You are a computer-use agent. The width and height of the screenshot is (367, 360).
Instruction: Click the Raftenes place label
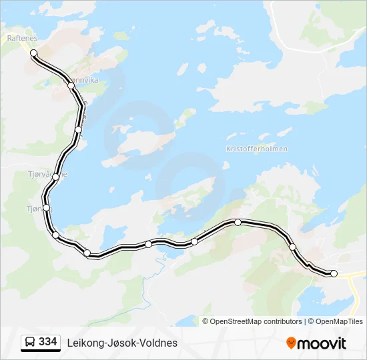pyautogui.click(x=21, y=39)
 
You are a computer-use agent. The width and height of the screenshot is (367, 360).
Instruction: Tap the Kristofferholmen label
pyautogui.click(x=257, y=149)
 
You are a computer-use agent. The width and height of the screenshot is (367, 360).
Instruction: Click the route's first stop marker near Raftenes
pyautogui.click(x=33, y=53)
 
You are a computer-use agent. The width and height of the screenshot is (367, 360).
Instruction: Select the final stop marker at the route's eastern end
pyautogui.click(x=334, y=273)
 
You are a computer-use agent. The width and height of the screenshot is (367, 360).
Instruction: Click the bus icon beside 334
pyautogui.click(x=30, y=343)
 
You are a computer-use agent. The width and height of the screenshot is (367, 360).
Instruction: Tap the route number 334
pyautogui.click(x=48, y=342)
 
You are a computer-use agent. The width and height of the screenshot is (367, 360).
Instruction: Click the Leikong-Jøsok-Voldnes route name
pyautogui.click(x=122, y=343)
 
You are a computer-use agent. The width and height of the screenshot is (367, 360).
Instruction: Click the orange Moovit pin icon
pyautogui.click(x=291, y=343)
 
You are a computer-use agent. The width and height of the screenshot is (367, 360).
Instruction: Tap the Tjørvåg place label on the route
pyautogui.click(x=33, y=209)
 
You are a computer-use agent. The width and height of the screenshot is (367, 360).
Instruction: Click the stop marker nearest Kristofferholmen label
pyautogui.click(x=238, y=222)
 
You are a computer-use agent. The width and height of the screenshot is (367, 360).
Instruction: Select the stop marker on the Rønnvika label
pyautogui.click(x=71, y=85)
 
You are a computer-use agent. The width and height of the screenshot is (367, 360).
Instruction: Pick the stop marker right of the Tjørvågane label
pyautogui.click(x=55, y=177)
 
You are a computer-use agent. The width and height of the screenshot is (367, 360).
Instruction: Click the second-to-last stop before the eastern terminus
pyautogui.click(x=292, y=247)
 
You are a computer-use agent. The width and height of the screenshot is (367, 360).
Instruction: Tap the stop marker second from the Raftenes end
pyautogui.click(x=71, y=85)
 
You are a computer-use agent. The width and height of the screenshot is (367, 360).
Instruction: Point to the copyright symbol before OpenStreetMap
pyautogui.click(x=206, y=321)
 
